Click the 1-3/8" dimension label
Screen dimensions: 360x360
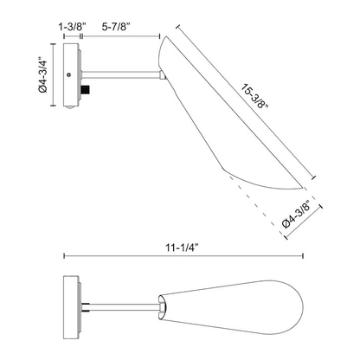point(73,27)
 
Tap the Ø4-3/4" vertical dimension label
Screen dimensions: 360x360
point(42,74)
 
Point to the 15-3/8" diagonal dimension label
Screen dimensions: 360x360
point(255,96)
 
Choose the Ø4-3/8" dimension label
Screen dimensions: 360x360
point(297,215)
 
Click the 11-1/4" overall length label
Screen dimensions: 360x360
point(183,247)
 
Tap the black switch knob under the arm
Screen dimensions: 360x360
point(86,89)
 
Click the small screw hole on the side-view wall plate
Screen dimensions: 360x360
point(68,74)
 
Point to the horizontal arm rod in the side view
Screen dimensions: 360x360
point(121,74)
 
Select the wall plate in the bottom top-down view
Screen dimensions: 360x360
point(71,307)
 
